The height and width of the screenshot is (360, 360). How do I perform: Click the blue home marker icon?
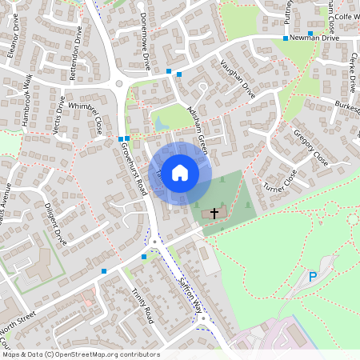[180, 172]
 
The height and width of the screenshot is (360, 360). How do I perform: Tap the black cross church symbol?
[214, 214]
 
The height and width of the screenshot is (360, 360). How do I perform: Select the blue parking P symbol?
[313, 277]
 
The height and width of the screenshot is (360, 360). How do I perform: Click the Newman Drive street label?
[315, 38]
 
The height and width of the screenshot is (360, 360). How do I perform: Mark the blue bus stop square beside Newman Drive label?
[285, 38]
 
